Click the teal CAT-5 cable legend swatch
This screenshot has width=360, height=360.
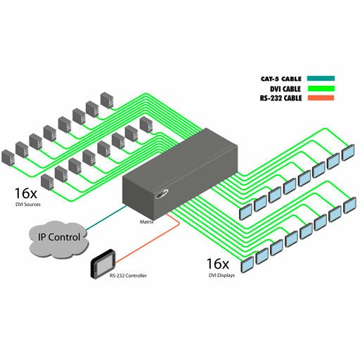321,79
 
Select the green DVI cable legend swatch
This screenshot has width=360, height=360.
321,89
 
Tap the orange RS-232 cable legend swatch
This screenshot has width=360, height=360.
321,98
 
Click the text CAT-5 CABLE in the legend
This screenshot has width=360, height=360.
281,79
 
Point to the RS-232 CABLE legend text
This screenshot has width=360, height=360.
281,98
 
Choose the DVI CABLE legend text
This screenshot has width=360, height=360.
285,89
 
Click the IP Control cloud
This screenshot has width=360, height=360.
58,239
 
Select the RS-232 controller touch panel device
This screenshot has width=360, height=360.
103,264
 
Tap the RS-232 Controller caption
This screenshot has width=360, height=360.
128,276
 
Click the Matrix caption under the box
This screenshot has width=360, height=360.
146,221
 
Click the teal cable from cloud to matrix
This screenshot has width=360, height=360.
106,218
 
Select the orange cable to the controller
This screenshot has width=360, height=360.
148,238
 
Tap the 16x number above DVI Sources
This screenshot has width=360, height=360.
26,193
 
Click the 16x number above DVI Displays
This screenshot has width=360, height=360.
217,264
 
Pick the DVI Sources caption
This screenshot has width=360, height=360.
28,205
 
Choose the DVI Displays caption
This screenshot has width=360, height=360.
221,276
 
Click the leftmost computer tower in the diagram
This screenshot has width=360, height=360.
8,158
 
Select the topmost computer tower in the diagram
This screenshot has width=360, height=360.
107,100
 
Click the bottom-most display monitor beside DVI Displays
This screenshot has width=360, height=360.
247,265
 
